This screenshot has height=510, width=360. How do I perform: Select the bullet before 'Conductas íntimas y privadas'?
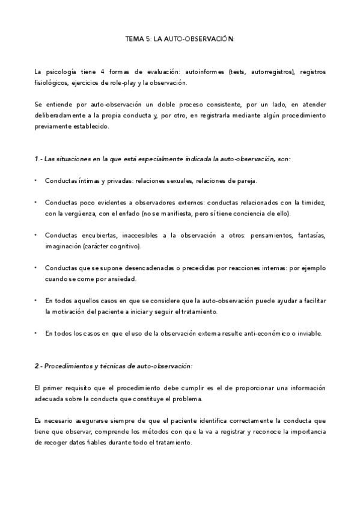coord(37,180)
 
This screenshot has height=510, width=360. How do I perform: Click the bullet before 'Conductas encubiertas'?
coord(37,235)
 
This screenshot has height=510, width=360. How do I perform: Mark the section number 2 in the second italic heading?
coord(37,366)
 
